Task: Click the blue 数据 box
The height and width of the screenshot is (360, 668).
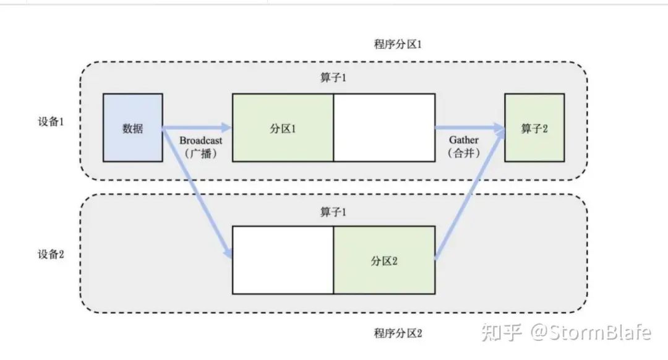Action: pyautogui.click(x=132, y=128)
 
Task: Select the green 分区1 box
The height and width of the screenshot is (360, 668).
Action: pyautogui.click(x=282, y=128)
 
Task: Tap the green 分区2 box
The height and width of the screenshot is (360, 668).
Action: pyautogui.click(x=383, y=260)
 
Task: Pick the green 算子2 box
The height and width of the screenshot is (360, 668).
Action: pyautogui.click(x=534, y=128)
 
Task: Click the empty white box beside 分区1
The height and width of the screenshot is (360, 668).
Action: pyautogui.click(x=384, y=128)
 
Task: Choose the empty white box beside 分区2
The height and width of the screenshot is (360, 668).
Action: pyautogui.click(x=282, y=260)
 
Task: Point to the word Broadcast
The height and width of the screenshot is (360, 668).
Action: pyautogui.click(x=201, y=141)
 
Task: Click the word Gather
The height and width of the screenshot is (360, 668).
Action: pyautogui.click(x=463, y=140)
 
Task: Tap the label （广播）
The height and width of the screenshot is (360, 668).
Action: pyautogui.click(x=201, y=155)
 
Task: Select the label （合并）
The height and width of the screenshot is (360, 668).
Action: pyautogui.click(x=463, y=154)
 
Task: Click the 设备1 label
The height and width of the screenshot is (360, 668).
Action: pyautogui.click(x=51, y=121)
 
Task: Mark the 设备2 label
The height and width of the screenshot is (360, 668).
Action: pyautogui.click(x=51, y=254)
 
